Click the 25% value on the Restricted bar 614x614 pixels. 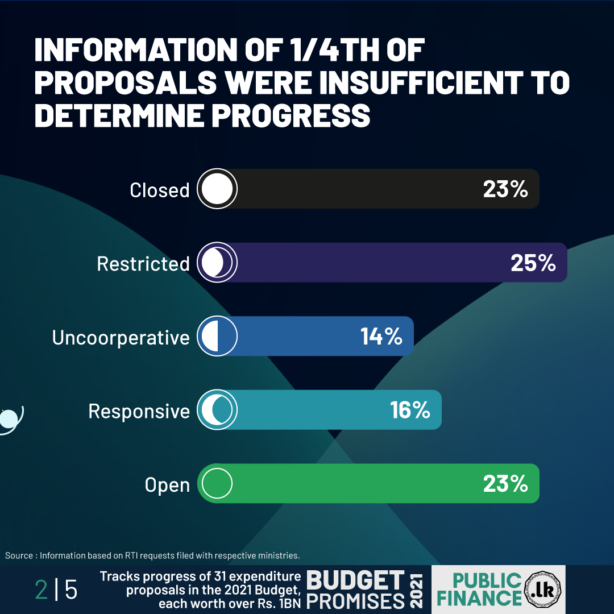click(533, 263)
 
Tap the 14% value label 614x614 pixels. click(381, 337)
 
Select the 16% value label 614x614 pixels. click(410, 410)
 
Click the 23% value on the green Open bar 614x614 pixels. click(505, 484)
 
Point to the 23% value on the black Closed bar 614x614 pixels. click(505, 189)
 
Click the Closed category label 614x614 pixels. click(159, 190)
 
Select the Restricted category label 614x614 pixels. click(143, 264)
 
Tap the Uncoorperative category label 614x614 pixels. click(121, 338)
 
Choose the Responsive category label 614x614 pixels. click(139, 411)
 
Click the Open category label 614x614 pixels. click(167, 486)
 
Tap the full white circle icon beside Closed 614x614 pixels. click(217, 189)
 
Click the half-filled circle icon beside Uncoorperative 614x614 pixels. click(217, 337)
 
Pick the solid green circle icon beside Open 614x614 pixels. click(217, 484)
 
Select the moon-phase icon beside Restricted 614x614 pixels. click(217, 263)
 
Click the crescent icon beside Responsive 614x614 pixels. click(217, 410)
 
